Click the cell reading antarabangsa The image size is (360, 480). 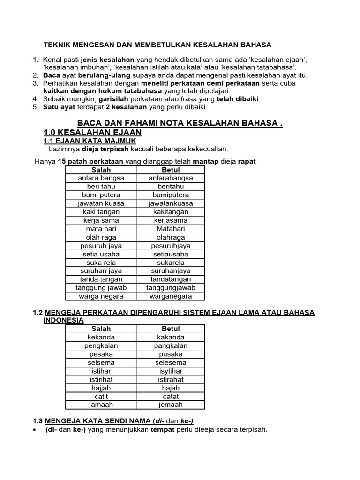(171, 178)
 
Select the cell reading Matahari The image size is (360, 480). (171, 229)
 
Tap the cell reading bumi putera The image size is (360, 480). (101, 195)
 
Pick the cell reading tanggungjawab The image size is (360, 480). (171, 288)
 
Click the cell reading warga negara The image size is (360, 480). (101, 296)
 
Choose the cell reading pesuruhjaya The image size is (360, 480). (171, 246)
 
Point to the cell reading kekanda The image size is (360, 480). (101, 337)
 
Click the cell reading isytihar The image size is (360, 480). (171, 371)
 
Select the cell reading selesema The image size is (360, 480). (171, 362)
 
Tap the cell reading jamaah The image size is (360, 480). (101, 405)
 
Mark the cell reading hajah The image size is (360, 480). (171, 388)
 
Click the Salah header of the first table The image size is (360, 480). (101, 170)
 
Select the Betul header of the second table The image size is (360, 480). (171, 329)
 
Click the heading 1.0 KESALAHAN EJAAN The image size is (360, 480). (92, 133)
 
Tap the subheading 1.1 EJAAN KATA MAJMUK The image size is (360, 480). (90, 141)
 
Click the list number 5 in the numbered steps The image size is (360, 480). (35, 107)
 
